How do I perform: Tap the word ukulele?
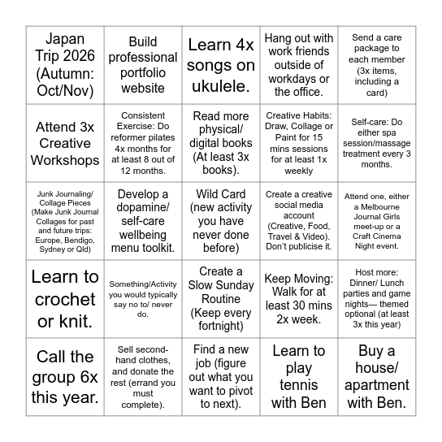[x=220, y=84]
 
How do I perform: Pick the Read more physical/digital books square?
[x=220, y=142]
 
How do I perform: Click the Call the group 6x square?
[x=64, y=376]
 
